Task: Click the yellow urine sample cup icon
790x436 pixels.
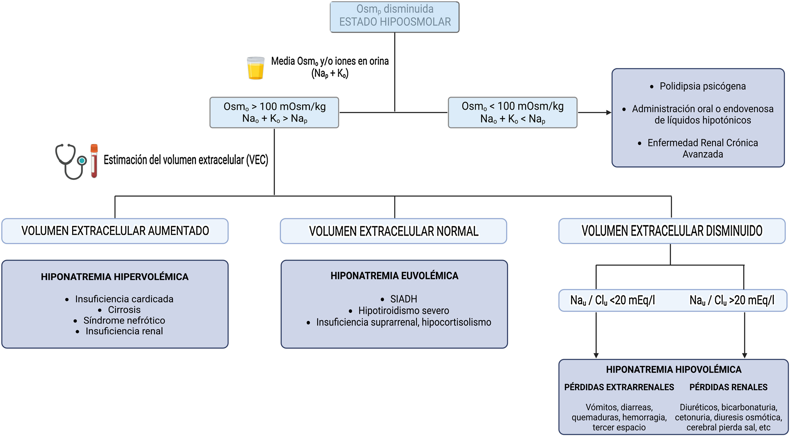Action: pyautogui.click(x=256, y=68)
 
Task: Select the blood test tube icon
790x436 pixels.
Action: pyautogui.click(x=94, y=161)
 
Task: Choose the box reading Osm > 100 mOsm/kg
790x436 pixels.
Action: pyautogui.click(x=274, y=113)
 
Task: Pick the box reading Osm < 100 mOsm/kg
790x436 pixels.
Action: pyautogui.click(x=512, y=113)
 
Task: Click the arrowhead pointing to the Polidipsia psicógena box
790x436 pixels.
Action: pyautogui.click(x=609, y=113)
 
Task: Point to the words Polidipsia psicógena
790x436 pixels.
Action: pyautogui.click(x=703, y=86)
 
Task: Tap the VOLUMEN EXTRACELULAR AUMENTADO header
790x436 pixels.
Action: pyautogui.click(x=115, y=231)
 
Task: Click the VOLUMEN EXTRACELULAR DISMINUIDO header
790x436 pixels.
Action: pyautogui.click(x=672, y=231)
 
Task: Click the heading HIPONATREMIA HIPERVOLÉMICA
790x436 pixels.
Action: pyautogui.click(x=115, y=277)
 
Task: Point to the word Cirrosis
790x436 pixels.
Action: pyautogui.click(x=124, y=309)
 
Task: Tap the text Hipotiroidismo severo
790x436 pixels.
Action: pyautogui.click(x=404, y=310)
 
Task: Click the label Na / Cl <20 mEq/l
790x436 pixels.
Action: pyautogui.click(x=612, y=300)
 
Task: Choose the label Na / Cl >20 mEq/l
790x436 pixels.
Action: pyautogui.click(x=732, y=300)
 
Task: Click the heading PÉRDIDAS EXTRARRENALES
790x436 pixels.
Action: pyautogui.click(x=619, y=387)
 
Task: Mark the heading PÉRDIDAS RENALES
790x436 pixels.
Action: pyautogui.click(x=728, y=387)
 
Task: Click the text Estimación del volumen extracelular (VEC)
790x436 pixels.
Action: pyautogui.click(x=186, y=160)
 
